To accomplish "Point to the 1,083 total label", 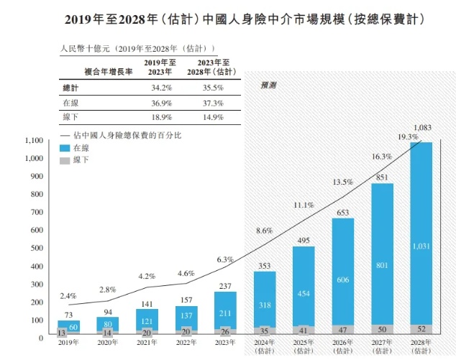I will coord(422,128).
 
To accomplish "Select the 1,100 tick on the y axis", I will coord(34,140).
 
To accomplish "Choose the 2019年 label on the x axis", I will coord(69,343).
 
